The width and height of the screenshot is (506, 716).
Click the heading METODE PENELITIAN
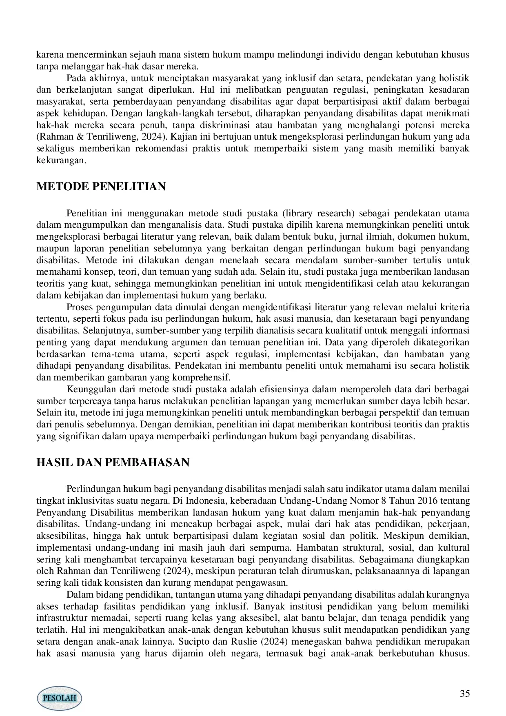pyautogui.click(x=101, y=187)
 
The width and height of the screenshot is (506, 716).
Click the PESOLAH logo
pyautogui.click(x=60, y=698)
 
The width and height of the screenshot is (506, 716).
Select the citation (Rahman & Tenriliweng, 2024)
pyautogui.click(x=102, y=136)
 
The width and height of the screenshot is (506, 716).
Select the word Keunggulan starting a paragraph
pyautogui.click(x=90, y=389)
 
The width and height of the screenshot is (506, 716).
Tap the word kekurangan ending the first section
pyautogui.click(x=61, y=160)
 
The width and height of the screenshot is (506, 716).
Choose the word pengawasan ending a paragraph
pyautogui.click(x=265, y=583)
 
